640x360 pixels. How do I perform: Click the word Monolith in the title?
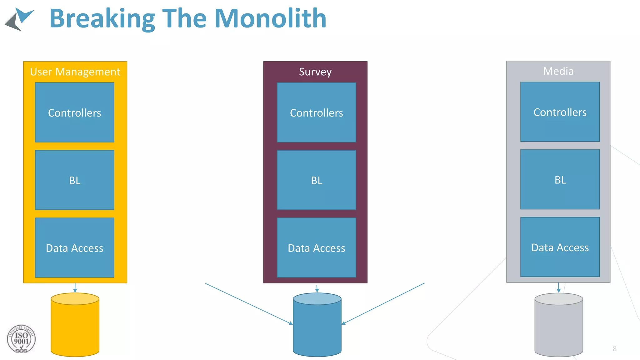click(x=270, y=19)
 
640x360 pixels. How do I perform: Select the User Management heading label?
click(x=75, y=72)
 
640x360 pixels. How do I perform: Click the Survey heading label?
click(x=315, y=72)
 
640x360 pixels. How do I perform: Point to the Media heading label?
click(x=558, y=71)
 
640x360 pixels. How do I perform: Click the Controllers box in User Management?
click(x=74, y=112)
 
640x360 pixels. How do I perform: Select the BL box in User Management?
click(x=74, y=180)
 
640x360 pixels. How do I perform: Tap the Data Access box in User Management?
click(x=74, y=247)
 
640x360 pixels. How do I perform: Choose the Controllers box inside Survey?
click(x=316, y=112)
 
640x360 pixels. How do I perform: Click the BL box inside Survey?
click(x=316, y=180)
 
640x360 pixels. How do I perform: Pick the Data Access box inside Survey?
click(x=316, y=247)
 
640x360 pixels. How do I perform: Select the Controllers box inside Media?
click(x=560, y=112)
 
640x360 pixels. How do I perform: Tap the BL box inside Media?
click(x=560, y=179)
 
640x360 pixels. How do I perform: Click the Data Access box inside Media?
click(x=560, y=247)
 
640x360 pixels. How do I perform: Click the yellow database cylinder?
click(x=75, y=327)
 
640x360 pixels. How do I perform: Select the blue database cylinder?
click(x=317, y=327)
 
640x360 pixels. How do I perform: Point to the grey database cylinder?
click(x=558, y=327)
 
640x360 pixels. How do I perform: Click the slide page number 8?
click(x=614, y=349)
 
